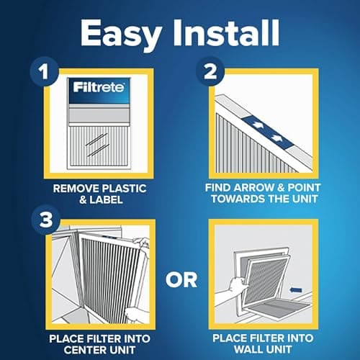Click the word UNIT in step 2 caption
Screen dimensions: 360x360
click(x=314, y=199)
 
